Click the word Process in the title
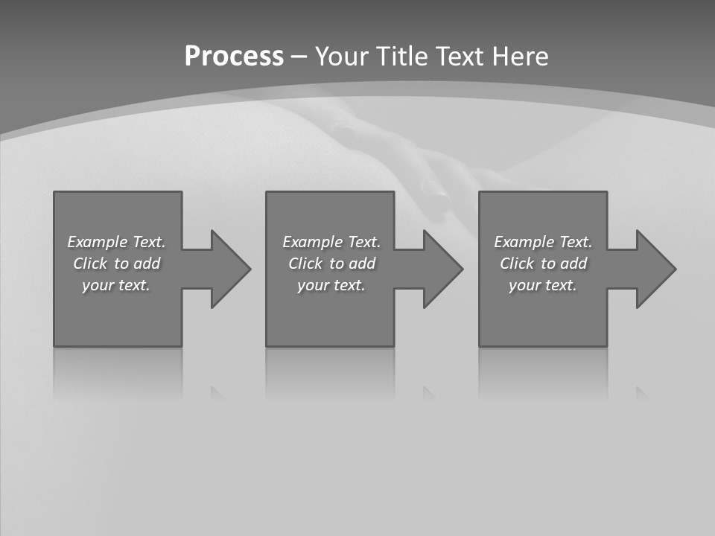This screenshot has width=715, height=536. pyautogui.click(x=234, y=57)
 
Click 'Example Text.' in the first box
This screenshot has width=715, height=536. pyautogui.click(x=116, y=242)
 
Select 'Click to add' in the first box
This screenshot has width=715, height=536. pyautogui.click(x=116, y=264)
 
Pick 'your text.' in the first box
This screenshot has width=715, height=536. pyautogui.click(x=116, y=285)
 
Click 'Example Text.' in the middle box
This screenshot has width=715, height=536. pyautogui.click(x=331, y=242)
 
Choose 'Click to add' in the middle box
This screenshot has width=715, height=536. pyautogui.click(x=331, y=264)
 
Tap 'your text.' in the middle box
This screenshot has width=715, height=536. pyautogui.click(x=331, y=285)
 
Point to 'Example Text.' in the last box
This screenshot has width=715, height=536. pyautogui.click(x=543, y=242)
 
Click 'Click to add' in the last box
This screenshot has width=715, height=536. pyautogui.click(x=543, y=264)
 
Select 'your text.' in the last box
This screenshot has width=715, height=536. pyautogui.click(x=543, y=285)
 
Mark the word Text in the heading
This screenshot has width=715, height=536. pyautogui.click(x=457, y=57)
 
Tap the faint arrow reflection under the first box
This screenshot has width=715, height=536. pyautogui.click(x=217, y=393)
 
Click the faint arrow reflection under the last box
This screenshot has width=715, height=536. pyautogui.click(x=642, y=393)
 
